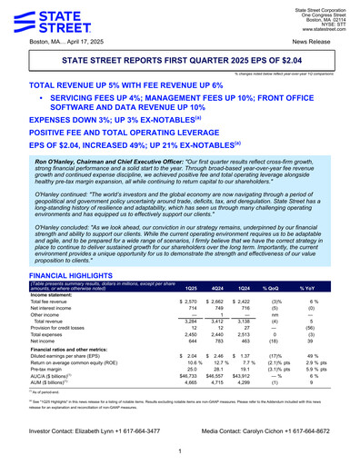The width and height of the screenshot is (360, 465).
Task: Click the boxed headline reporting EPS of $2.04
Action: click(x=179, y=60)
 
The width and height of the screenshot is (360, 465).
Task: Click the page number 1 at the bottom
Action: click(x=180, y=450)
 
